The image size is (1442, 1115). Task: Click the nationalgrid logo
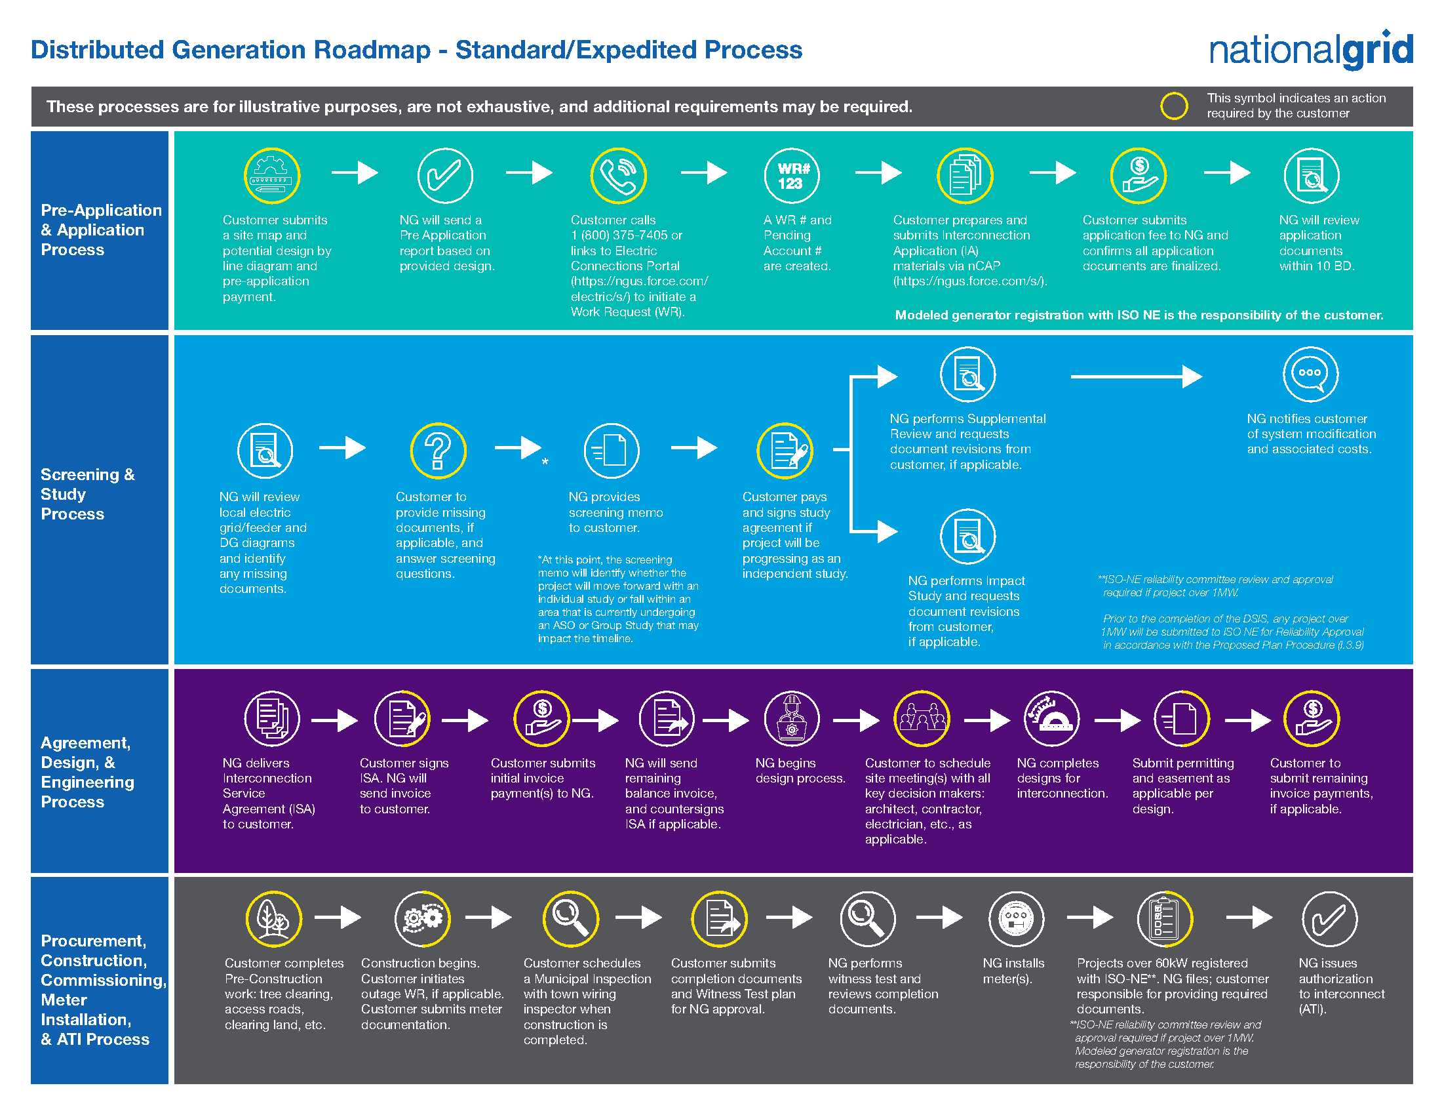pyautogui.click(x=1311, y=51)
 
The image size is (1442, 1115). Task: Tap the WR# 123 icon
pyautogui.click(x=792, y=176)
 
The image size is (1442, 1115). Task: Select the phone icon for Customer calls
pyautogui.click(x=618, y=176)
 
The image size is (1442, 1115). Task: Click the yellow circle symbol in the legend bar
pyautogui.click(x=1174, y=106)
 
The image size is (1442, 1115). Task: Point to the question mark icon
pyautogui.click(x=438, y=451)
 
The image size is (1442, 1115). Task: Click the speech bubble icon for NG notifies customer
pyautogui.click(x=1310, y=374)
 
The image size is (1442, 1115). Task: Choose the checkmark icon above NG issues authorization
pyautogui.click(x=1329, y=919)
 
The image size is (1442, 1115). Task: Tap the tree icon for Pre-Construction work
pyautogui.click(x=273, y=919)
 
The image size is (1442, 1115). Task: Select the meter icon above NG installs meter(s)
pyautogui.click(x=1016, y=919)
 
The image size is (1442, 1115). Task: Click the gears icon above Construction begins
pyautogui.click(x=423, y=919)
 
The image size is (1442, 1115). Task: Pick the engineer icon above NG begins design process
pyautogui.click(x=791, y=719)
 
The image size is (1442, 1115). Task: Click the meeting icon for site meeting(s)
pyautogui.click(x=922, y=719)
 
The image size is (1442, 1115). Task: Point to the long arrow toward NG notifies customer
pyautogui.click(x=1136, y=376)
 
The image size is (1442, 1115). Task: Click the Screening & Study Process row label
pyautogui.click(x=87, y=494)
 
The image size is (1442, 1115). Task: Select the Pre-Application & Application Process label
pyautogui.click(x=100, y=230)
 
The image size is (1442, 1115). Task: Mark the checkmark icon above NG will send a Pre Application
pyautogui.click(x=445, y=176)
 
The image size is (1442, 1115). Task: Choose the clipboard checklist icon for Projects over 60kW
pyautogui.click(x=1165, y=919)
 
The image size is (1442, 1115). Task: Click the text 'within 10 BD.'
pyautogui.click(x=1317, y=266)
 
